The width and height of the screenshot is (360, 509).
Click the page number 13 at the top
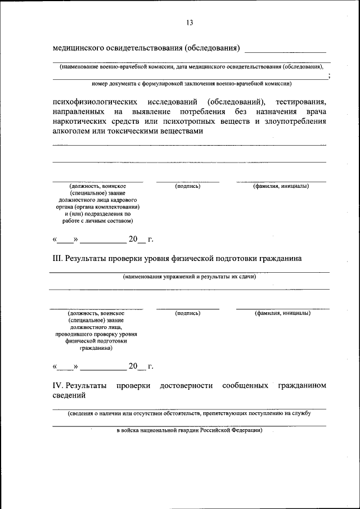click(189, 22)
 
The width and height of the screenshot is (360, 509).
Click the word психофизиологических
click(96, 102)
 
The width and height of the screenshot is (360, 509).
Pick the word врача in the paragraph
click(313, 111)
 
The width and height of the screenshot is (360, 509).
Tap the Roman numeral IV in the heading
click(58, 386)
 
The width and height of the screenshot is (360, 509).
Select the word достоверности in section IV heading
click(186, 386)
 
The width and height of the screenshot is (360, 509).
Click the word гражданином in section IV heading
click(302, 386)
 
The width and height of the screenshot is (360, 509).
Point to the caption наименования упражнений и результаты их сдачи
click(190, 277)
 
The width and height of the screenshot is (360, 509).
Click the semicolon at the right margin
click(328, 75)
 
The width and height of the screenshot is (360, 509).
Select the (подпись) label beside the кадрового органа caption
click(187, 186)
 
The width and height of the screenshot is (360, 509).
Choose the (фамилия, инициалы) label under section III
click(281, 313)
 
